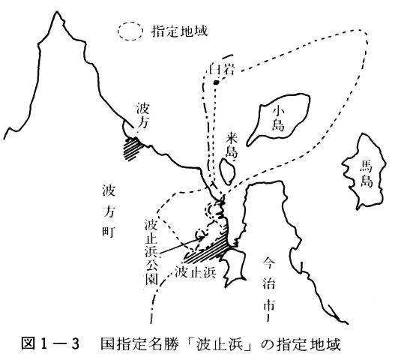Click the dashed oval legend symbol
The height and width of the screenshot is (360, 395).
click(118, 31)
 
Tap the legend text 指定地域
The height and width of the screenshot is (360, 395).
click(179, 31)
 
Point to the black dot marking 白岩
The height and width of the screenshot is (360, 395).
click(216, 82)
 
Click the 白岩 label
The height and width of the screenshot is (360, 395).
click(222, 69)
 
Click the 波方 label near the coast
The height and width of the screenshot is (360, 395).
click(142, 115)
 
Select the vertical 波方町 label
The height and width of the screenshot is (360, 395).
click(109, 211)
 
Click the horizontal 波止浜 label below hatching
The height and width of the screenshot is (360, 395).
click(196, 272)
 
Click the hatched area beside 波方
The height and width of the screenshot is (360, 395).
click(132, 148)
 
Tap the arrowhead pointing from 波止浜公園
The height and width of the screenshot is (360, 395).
click(202, 237)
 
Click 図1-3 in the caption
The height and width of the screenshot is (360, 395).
click(50, 344)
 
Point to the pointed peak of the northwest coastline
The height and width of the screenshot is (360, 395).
click(57, 12)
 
